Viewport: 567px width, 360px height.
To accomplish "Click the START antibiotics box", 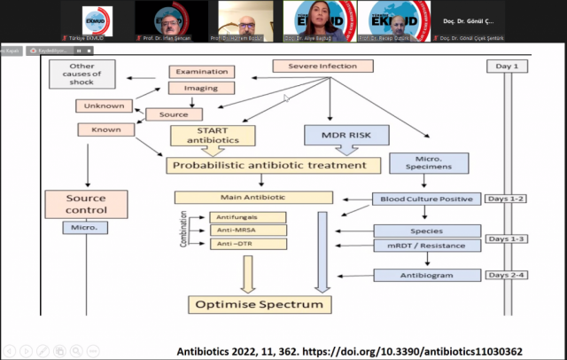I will (x=213, y=135).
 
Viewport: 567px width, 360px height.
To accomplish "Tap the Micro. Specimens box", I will (x=428, y=164).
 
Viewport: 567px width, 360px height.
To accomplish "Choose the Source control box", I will (x=87, y=204).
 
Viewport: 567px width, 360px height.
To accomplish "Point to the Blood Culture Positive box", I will (x=427, y=199).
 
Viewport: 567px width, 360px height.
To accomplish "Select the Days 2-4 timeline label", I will (x=509, y=277).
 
